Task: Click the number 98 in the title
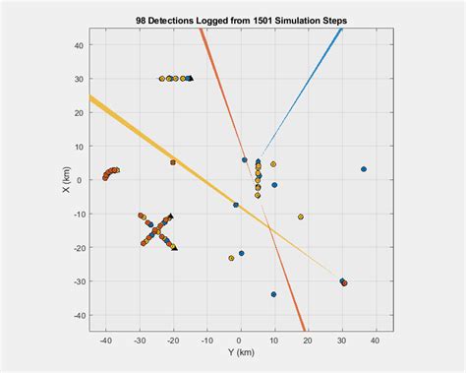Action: (x=142, y=19)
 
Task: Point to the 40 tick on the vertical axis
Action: (x=80, y=45)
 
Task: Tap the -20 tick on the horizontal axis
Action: (x=173, y=342)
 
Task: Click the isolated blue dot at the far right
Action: (x=364, y=169)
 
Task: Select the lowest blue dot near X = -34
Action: (x=273, y=294)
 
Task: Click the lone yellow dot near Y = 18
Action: (x=301, y=217)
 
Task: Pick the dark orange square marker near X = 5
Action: (x=173, y=162)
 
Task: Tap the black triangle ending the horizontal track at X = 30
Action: (x=190, y=78)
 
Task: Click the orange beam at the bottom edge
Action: (x=303, y=328)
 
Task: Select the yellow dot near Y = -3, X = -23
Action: (x=231, y=258)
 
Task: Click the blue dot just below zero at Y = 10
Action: (x=274, y=185)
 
